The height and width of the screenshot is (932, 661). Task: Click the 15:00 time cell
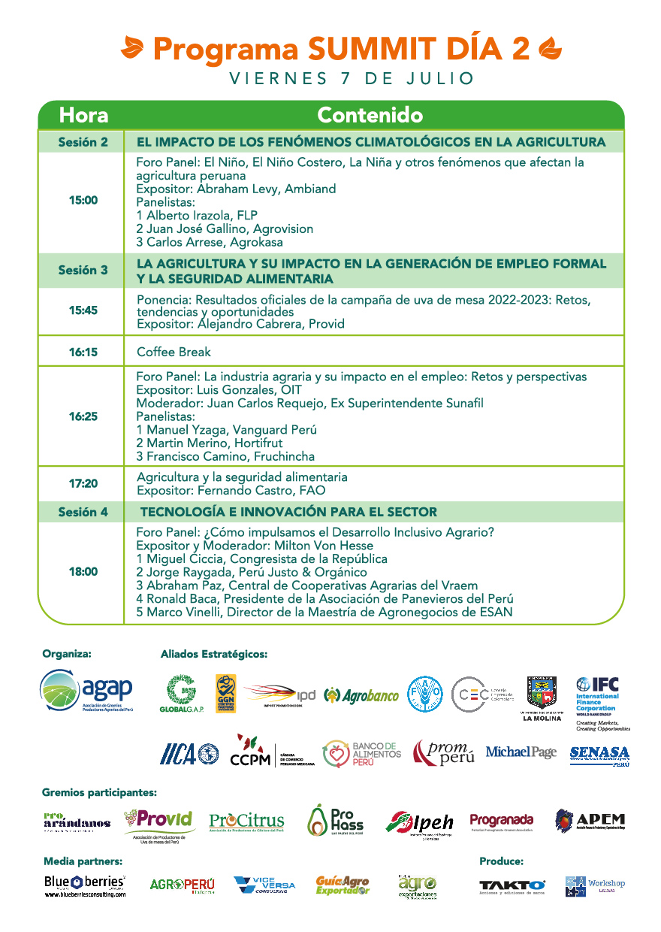pos(83,201)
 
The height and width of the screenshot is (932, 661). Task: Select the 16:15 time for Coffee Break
pos(83,352)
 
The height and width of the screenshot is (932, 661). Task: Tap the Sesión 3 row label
pos(83,270)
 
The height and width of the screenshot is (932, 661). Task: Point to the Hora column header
pos(83,115)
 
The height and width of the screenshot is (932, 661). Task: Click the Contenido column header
pos(370,115)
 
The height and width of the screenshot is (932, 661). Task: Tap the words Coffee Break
pos(174,352)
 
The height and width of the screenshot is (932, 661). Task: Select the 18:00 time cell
pos(83,572)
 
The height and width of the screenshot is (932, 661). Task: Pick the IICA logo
pos(189,754)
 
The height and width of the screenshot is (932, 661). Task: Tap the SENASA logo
pos(599,755)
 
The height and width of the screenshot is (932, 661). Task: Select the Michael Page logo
pos(521,752)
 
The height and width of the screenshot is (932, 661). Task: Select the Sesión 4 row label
pos(83,513)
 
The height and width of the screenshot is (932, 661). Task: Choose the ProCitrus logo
pos(246,822)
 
